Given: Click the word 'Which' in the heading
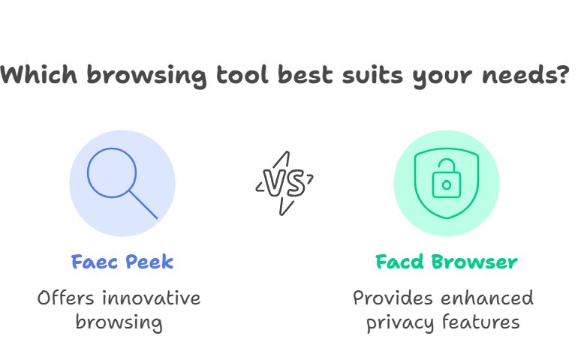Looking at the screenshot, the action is click(39, 75).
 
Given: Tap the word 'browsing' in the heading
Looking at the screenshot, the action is click(146, 76).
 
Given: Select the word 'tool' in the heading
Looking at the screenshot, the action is click(242, 75).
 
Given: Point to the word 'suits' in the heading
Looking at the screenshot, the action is click(372, 75).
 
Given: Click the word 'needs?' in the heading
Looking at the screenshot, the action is click(526, 75).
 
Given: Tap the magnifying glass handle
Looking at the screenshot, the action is click(143, 205).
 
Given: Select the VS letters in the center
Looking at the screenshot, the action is click(284, 183).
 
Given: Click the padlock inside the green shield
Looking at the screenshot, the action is click(447, 178).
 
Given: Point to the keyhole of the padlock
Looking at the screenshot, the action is click(447, 184).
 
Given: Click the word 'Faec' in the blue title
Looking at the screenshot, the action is click(95, 262).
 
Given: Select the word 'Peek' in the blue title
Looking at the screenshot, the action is click(149, 262).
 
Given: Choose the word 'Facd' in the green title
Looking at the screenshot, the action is click(399, 262).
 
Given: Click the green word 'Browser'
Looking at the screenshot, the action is click(474, 262).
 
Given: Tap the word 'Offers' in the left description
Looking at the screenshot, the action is click(65, 298).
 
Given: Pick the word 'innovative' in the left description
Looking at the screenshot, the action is click(151, 298).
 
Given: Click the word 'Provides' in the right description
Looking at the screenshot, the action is click(393, 298).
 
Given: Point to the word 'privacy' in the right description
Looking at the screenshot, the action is click(400, 322).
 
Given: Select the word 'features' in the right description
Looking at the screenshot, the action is click(481, 322).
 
